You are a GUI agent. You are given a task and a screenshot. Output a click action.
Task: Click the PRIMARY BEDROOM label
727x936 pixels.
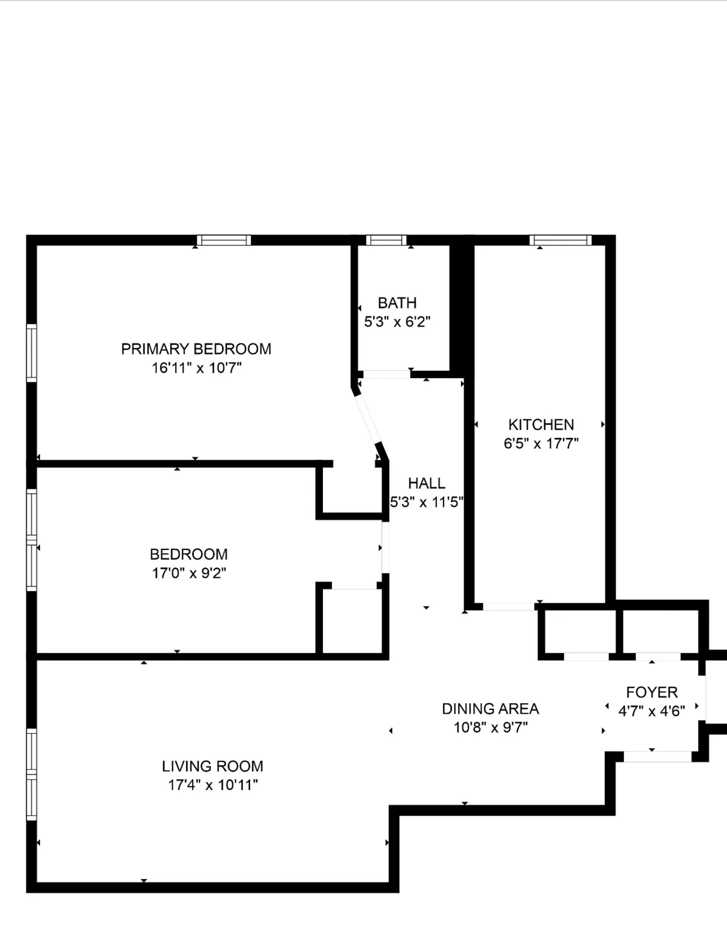[196, 349]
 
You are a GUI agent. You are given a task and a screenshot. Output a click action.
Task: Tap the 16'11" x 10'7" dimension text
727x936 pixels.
[196, 368]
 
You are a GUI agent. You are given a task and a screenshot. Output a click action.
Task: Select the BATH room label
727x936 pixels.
[397, 303]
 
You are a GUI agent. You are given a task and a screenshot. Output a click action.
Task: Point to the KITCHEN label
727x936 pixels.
[541, 425]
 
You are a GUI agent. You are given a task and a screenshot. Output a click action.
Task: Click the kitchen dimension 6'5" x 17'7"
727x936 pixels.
[541, 443]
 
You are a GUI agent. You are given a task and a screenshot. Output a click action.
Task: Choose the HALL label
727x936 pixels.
[427, 483]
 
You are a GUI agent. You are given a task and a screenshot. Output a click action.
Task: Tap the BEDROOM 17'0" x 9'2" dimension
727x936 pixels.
[188, 573]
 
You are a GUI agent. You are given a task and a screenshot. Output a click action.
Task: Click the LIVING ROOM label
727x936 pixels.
[212, 766]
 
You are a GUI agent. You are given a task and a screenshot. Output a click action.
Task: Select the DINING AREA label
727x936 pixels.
[490, 708]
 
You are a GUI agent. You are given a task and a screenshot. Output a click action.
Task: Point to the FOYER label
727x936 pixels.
[652, 692]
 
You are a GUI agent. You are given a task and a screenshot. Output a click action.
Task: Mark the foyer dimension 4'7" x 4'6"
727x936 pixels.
[651, 711]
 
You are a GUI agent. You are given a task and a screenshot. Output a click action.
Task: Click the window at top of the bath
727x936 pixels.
[387, 241]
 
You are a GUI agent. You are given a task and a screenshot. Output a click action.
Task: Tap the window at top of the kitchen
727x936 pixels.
[560, 241]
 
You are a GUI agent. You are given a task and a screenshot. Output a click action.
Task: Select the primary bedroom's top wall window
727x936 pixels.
[223, 241]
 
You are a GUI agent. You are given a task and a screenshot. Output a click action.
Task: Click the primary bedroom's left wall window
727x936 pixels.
[32, 353]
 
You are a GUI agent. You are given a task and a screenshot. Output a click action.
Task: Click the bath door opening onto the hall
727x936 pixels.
[385, 374]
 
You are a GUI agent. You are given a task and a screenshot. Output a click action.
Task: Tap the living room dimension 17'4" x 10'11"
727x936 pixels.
[213, 785]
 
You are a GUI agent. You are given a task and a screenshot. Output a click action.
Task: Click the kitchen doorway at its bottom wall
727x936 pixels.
[508, 606]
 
